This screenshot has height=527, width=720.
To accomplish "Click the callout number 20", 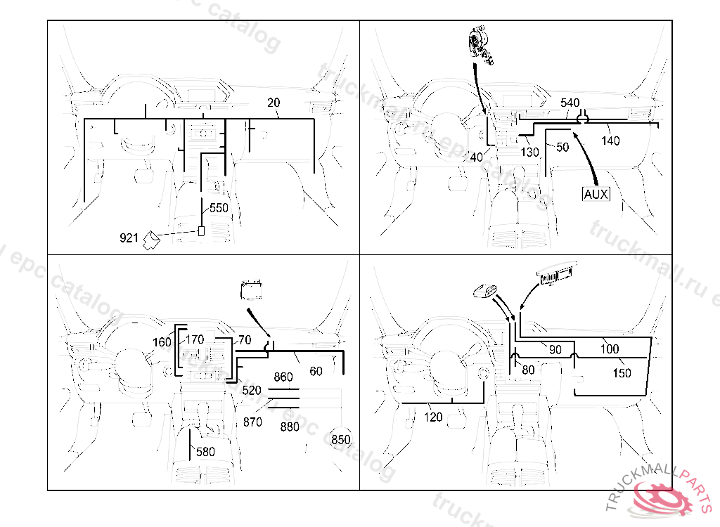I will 274,103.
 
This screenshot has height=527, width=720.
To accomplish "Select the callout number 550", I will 219,208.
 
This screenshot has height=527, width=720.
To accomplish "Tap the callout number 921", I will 129,239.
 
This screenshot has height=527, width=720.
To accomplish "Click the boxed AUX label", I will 596,194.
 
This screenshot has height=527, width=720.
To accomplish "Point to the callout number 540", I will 570,103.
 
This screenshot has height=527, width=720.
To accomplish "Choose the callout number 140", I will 610,141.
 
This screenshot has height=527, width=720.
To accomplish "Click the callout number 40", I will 476,157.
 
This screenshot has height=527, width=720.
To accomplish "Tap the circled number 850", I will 340,440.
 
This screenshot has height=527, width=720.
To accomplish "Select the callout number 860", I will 283,377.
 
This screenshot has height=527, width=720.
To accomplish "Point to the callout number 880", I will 290,427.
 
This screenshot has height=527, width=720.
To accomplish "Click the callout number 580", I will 205,452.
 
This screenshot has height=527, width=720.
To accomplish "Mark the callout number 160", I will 162,343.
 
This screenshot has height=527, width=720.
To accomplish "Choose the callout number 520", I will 251,390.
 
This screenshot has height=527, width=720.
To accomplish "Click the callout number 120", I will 434,417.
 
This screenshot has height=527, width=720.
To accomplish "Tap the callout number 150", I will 622,374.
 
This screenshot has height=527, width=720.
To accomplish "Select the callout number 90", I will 555,349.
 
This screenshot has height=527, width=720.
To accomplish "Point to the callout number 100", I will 610,349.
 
